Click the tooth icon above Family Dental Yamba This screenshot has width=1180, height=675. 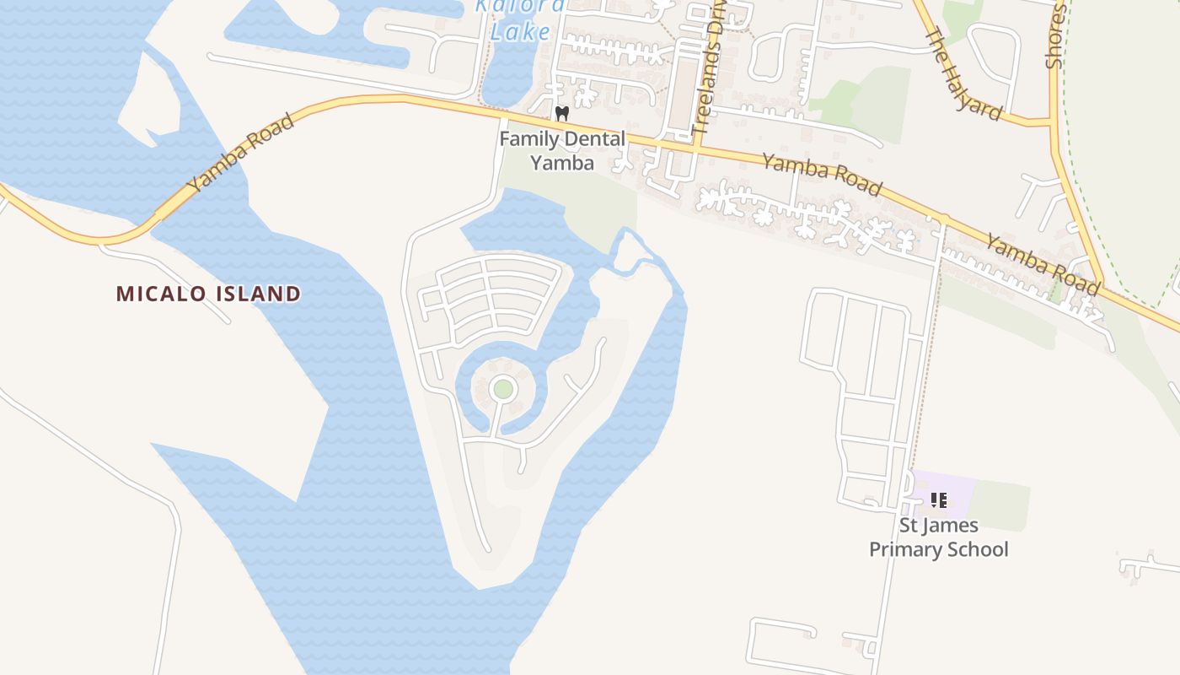562,113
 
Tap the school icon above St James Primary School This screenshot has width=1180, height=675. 938,500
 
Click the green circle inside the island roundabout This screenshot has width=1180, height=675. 503,389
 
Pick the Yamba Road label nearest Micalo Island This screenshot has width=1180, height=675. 240,152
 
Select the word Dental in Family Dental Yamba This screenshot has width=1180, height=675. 590,139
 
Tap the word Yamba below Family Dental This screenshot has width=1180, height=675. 562,162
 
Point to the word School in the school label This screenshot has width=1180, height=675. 978,549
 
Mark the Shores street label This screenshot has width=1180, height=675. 1055,35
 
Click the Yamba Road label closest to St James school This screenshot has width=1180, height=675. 1043,264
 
